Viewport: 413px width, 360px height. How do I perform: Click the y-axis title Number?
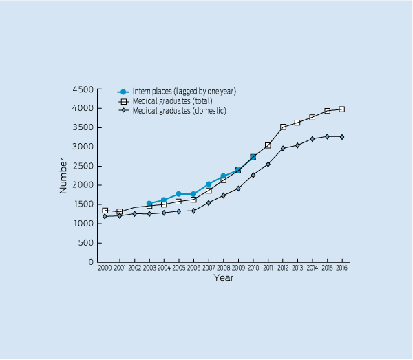[x=63, y=176]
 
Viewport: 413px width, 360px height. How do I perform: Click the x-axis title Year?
[x=223, y=278]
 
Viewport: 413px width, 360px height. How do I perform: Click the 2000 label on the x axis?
[x=105, y=267]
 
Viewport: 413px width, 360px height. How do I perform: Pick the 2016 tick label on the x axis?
[x=342, y=267]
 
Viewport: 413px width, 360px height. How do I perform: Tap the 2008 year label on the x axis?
[x=223, y=267]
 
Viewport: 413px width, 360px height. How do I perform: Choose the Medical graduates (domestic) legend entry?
[x=179, y=111]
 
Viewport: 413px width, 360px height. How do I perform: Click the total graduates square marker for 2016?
[x=342, y=109]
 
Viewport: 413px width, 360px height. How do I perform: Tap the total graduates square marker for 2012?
[x=283, y=127]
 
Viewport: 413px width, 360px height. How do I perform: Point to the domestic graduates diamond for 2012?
[x=283, y=148]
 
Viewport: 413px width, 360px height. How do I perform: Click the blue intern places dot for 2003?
[x=149, y=204]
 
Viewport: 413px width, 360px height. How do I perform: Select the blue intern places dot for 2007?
[x=209, y=184]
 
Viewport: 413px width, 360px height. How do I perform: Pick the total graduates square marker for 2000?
[x=105, y=211]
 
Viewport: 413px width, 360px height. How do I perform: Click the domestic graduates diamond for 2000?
[x=105, y=216]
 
